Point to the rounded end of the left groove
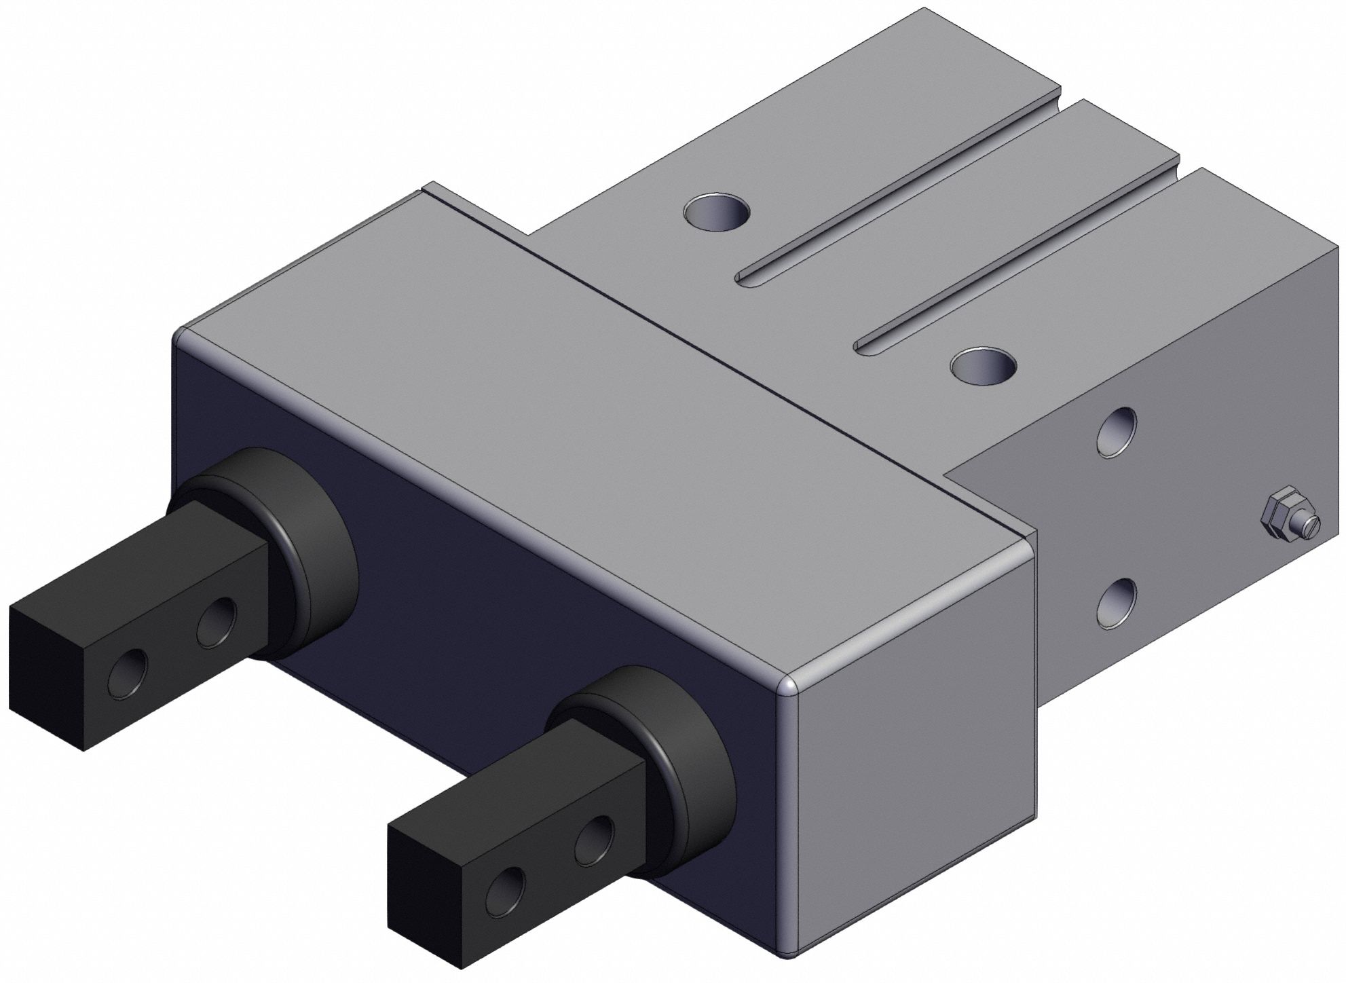pos(745,278)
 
